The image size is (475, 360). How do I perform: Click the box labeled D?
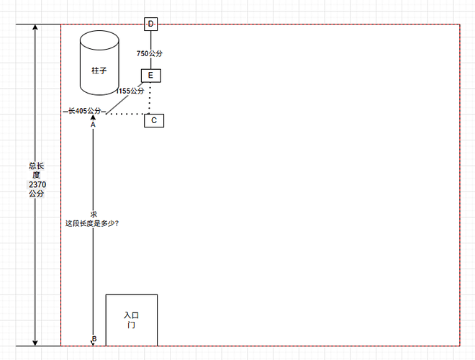(x=151, y=24)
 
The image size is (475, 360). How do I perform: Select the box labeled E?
(x=151, y=76)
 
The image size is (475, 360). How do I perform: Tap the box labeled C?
(x=154, y=121)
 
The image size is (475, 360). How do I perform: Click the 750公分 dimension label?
(x=150, y=53)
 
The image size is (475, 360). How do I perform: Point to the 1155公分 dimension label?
(x=130, y=91)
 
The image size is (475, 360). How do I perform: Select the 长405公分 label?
(x=84, y=111)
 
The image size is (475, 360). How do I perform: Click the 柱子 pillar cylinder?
(x=99, y=63)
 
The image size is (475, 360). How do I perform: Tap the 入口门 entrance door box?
(x=132, y=320)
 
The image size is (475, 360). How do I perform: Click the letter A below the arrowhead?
(x=93, y=125)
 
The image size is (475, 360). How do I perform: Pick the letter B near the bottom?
(x=94, y=339)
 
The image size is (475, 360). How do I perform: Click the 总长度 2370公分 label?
(x=37, y=180)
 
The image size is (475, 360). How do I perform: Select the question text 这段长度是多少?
(x=92, y=224)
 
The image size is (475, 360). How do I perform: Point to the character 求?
(x=94, y=215)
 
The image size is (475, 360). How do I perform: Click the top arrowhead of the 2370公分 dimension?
(x=35, y=27)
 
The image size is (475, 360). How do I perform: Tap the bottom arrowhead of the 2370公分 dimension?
(x=35, y=343)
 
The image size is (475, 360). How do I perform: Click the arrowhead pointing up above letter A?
(x=93, y=117)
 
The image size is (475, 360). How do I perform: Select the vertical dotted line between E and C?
(x=150, y=98)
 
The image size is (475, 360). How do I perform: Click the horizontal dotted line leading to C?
(x=125, y=114)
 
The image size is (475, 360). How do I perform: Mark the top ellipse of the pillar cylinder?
(x=99, y=40)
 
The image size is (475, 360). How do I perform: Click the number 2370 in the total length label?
(x=37, y=184)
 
